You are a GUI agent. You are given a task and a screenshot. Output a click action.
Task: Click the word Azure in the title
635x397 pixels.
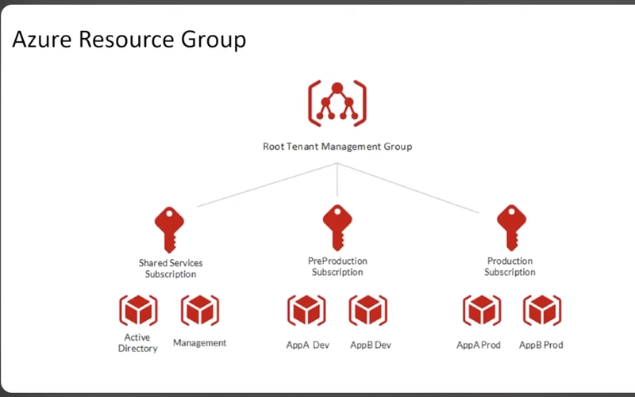coord(42,40)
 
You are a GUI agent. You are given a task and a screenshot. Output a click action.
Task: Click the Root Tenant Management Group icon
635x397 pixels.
coord(337,104)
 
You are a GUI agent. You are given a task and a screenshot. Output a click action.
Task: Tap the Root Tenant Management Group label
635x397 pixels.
coord(337,147)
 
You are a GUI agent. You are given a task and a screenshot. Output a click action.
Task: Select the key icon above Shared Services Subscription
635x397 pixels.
coord(169,230)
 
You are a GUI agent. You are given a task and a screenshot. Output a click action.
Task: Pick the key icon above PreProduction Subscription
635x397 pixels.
coord(337,227)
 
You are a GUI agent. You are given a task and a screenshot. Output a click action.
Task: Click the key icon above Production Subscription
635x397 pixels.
coord(511,227)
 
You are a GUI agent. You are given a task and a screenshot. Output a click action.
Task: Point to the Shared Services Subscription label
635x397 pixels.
coord(171,269)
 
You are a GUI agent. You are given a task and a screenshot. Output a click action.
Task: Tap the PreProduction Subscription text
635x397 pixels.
coord(337,266)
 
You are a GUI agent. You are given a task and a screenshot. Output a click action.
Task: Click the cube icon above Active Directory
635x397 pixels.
coord(138,310)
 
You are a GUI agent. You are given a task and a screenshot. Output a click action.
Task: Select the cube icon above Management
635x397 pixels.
coord(200,310)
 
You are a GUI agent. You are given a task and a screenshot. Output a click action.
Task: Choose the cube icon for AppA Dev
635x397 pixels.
coord(306,310)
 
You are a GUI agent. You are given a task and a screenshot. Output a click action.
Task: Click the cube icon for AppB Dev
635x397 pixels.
coord(368,310)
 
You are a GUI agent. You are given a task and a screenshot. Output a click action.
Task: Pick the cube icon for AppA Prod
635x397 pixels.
coord(482,310)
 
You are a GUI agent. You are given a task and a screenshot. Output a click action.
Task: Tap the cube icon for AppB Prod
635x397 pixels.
coord(542,310)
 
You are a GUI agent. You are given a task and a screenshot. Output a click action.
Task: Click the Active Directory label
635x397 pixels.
coord(137,343)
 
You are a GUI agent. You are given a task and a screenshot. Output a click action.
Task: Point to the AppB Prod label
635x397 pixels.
coord(541,345)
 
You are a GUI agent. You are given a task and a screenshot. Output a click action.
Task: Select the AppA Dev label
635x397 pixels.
coord(308,345)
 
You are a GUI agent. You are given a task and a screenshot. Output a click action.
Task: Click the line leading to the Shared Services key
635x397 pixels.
coord(267,185)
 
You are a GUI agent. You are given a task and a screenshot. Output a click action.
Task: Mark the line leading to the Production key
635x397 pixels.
coord(408,188)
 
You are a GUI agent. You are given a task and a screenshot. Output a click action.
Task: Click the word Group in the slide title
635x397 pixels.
coord(214,40)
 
